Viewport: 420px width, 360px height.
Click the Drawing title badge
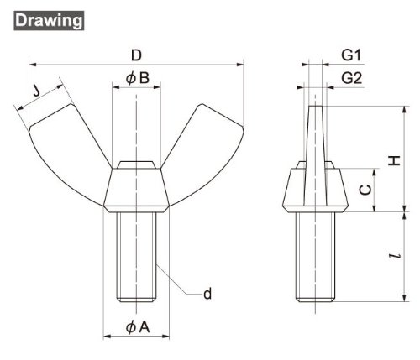49,20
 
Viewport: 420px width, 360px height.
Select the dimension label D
136,55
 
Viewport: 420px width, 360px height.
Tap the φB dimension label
138,78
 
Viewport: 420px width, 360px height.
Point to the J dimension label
36,90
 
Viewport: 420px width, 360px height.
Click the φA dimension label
138,327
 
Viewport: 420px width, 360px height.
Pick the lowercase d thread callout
207,294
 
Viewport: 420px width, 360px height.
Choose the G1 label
351,55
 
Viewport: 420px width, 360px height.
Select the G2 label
352,78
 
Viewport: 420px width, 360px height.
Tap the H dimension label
395,160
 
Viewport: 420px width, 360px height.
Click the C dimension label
365,190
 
